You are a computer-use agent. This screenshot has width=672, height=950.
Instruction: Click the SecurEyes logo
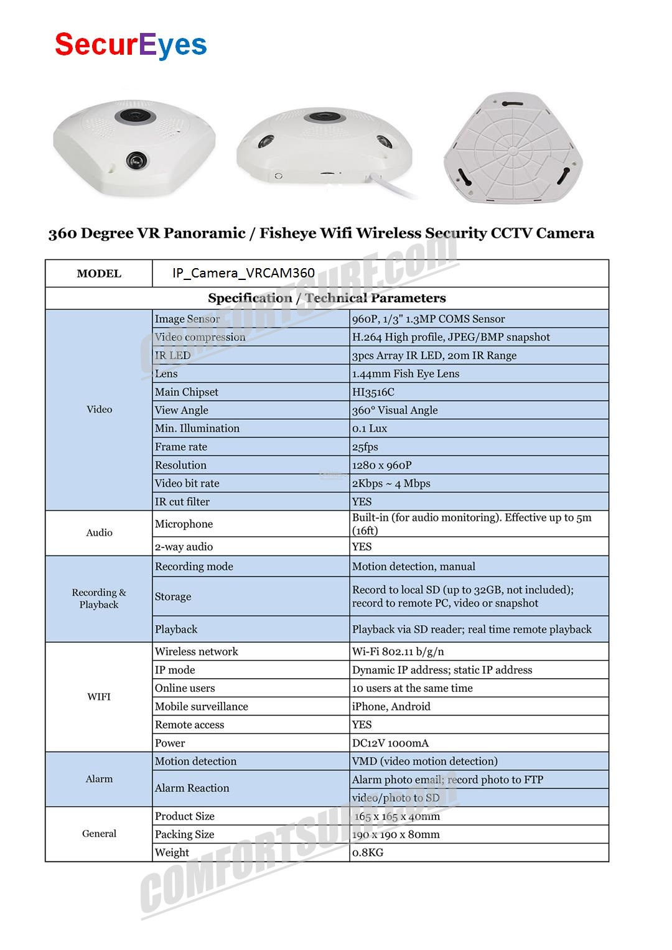pyautogui.click(x=131, y=45)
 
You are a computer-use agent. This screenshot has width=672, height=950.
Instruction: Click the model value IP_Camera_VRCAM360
pyautogui.click(x=243, y=274)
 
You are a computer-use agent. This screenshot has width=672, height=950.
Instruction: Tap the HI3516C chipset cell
pyautogui.click(x=373, y=392)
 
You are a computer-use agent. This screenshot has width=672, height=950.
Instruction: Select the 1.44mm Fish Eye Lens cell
pyautogui.click(x=406, y=374)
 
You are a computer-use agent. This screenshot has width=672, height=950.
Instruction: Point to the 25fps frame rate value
pyautogui.click(x=365, y=447)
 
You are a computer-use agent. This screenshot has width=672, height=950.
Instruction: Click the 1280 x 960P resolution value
pyautogui.click(x=381, y=465)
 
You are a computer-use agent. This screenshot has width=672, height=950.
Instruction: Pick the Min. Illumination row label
pyautogui.click(x=197, y=429)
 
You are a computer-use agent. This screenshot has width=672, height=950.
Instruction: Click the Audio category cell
pyautogui.click(x=99, y=533)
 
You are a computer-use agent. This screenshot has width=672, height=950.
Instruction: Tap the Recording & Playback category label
pyautogui.click(x=99, y=598)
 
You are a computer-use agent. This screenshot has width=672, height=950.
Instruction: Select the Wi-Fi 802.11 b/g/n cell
pyautogui.click(x=398, y=651)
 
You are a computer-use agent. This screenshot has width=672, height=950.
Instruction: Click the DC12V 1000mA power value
pyautogui.click(x=390, y=743)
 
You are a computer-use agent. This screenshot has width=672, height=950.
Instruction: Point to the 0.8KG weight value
pyautogui.click(x=368, y=852)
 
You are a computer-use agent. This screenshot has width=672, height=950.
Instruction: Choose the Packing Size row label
pyautogui.click(x=184, y=834)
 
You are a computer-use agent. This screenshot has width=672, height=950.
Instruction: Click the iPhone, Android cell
pyautogui.click(x=391, y=706)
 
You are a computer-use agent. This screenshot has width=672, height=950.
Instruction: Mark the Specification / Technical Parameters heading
pyautogui.click(x=327, y=298)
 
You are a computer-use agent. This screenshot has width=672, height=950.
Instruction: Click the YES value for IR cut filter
pyautogui.click(x=362, y=501)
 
